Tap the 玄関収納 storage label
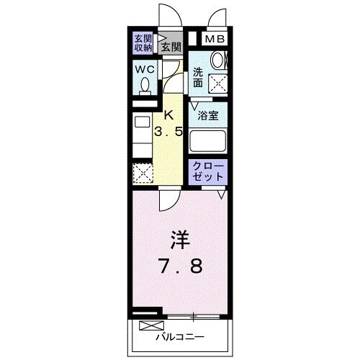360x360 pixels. (143, 43)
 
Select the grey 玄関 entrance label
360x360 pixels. (171, 48)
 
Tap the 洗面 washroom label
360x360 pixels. (199, 76)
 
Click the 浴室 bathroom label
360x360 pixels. (210, 115)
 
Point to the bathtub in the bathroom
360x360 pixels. (209, 140)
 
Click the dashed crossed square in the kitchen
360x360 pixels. (142, 174)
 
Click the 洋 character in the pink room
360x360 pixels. (179, 238)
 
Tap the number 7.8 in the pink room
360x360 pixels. (179, 266)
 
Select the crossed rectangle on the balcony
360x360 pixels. (148, 325)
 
